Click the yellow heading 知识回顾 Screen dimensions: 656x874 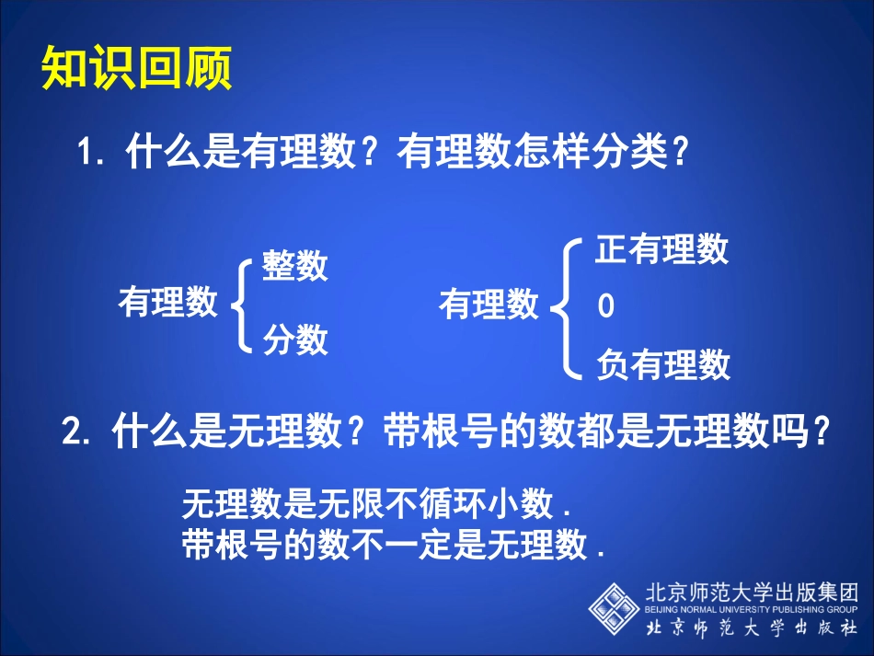pos(136,69)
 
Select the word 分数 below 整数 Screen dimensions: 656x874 pos(294,340)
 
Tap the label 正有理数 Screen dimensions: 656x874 pos(661,249)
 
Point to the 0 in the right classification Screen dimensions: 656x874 pos(605,306)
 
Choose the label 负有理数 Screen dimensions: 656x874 pos(662,365)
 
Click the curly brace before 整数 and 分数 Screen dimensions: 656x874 pos(242,304)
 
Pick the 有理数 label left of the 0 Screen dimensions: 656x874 pos(489,305)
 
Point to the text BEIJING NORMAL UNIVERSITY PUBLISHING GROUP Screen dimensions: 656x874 pos(751,609)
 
